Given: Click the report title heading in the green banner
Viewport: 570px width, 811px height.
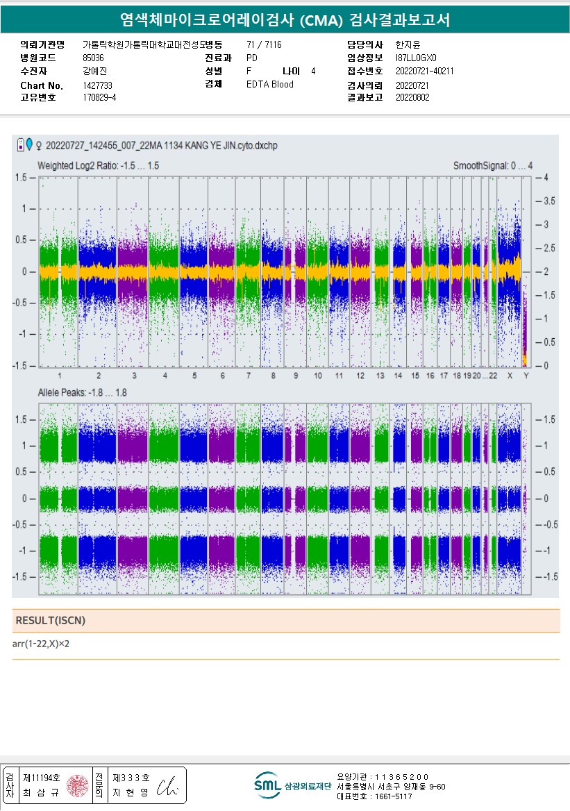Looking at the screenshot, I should pyautogui.click(x=285, y=20).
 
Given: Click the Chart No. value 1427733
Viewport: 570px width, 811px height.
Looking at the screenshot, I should pyautogui.click(x=97, y=85).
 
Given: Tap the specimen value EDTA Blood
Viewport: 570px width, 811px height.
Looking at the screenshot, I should pyautogui.click(x=269, y=84).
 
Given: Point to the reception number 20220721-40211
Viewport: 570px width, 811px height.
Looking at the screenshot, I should pyautogui.click(x=424, y=71).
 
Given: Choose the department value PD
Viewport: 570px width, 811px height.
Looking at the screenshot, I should pyautogui.click(x=251, y=58).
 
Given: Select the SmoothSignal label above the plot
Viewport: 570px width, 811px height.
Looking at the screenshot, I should pyautogui.click(x=493, y=166).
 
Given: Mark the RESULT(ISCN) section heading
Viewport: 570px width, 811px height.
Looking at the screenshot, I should pyautogui.click(x=50, y=620).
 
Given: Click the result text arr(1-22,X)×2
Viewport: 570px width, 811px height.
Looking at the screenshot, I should pyautogui.click(x=41, y=644).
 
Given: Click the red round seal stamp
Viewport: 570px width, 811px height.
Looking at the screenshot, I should pyautogui.click(x=77, y=785).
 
